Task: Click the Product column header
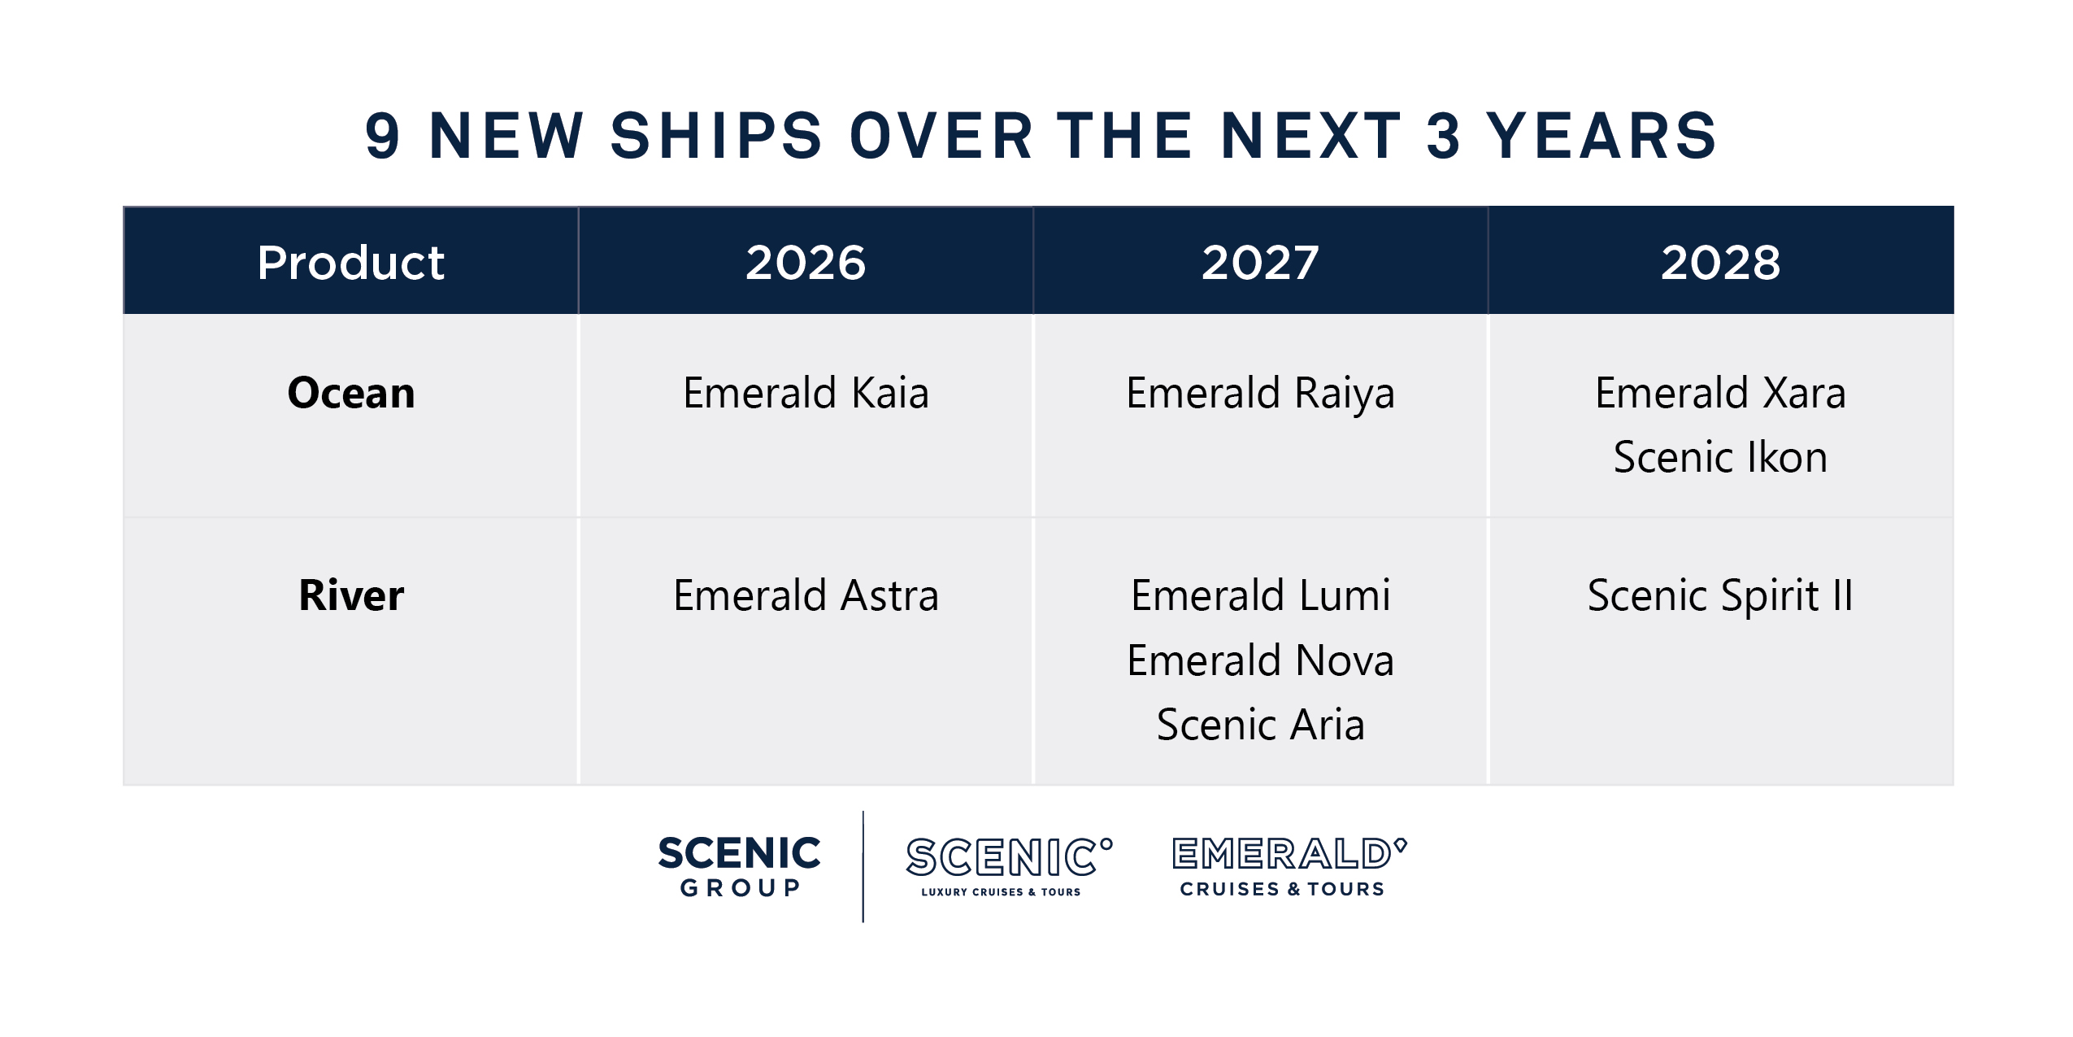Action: point(350,263)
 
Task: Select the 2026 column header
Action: point(806,263)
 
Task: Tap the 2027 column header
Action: point(1260,263)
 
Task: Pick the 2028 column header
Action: point(1720,263)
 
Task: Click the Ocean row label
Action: point(350,393)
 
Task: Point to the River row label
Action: point(350,595)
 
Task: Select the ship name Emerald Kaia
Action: point(806,393)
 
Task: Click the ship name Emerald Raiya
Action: point(1260,394)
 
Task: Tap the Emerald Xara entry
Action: point(1720,393)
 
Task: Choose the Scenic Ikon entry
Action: point(1720,457)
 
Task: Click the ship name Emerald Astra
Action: point(806,595)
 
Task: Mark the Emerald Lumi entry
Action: point(1260,595)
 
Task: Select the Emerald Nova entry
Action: point(1260,660)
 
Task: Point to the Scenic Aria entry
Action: point(1260,725)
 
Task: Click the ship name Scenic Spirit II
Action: point(1720,595)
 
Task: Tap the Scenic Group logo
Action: point(739,866)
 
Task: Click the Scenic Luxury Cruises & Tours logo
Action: point(1008,866)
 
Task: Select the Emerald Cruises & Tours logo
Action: point(1289,866)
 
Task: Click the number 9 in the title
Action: point(382,136)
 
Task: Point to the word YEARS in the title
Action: point(1601,136)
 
